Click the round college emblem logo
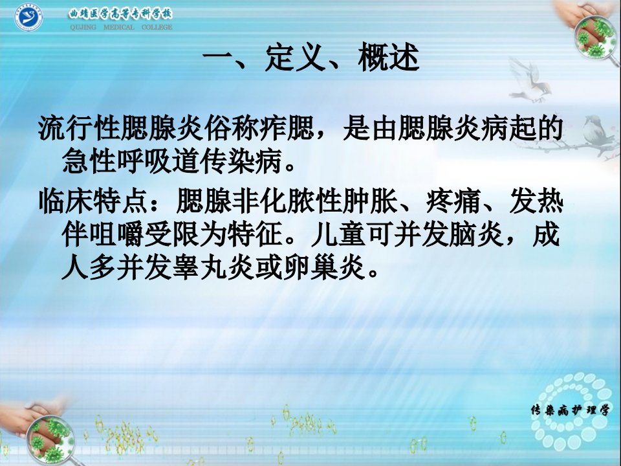(28, 18)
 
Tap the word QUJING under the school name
(83, 27)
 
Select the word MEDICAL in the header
(119, 27)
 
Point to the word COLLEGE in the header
(157, 27)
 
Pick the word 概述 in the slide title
(389, 58)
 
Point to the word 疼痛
(453, 201)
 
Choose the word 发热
(536, 201)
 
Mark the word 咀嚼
(116, 234)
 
